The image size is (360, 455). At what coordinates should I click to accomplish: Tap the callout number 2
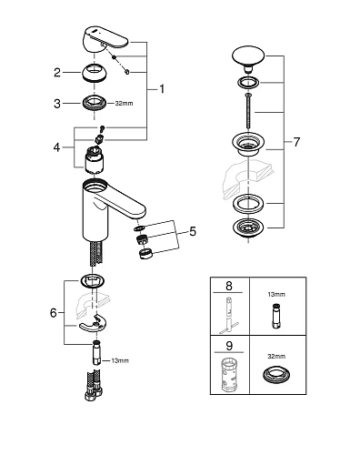[x=56, y=72]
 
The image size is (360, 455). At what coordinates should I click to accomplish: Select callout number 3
[x=56, y=103]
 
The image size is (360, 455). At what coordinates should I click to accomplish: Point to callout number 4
[x=56, y=146]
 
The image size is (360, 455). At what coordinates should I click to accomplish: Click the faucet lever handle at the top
[x=101, y=40]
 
